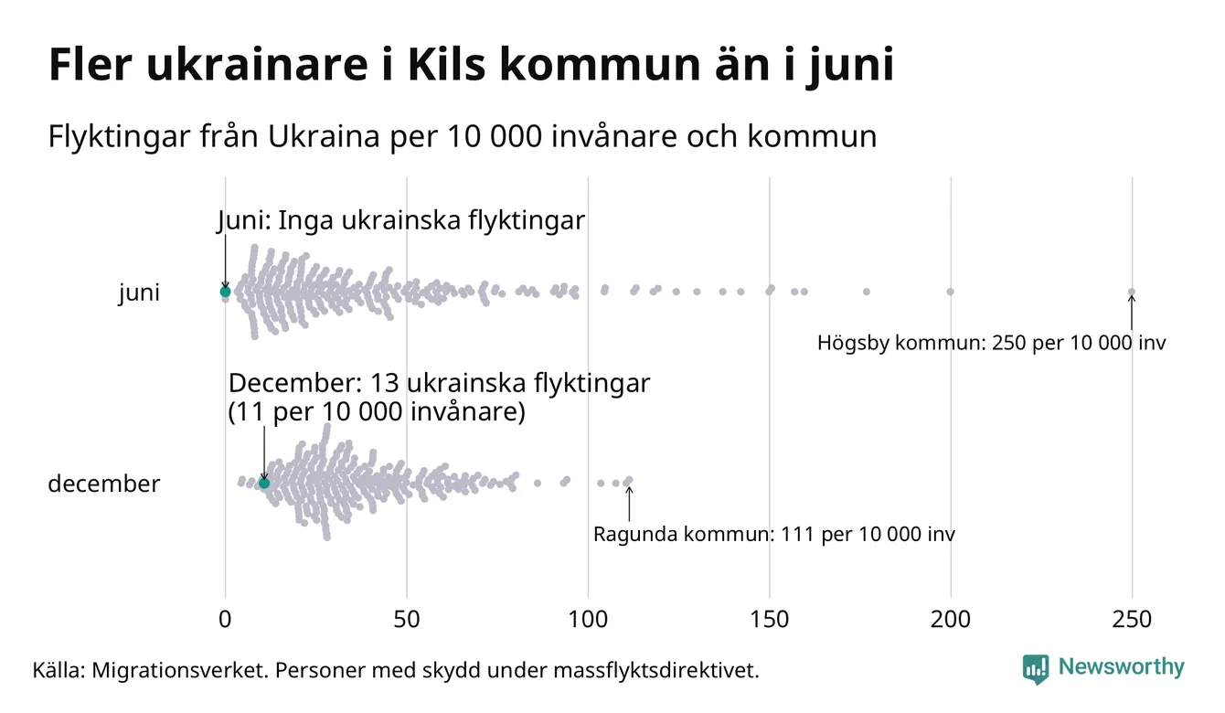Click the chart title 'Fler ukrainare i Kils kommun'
[470, 66]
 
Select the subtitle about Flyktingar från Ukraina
[462, 137]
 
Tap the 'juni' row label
[139, 293]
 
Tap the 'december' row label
[103, 484]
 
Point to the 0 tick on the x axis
[225, 620]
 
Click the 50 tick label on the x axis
[407, 620]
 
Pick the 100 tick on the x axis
[588, 620]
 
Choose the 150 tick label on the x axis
[770, 620]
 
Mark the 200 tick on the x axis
[951, 620]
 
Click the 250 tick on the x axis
[1132, 620]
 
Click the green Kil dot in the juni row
[225, 292]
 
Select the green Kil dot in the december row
[265, 483]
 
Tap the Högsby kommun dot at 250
[1132, 293]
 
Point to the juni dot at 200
[951, 292]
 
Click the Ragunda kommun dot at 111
[628, 481]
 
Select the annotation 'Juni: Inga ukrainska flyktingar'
[400, 221]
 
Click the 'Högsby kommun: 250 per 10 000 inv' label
[992, 345]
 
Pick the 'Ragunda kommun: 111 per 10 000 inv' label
[774, 535]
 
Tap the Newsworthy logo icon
[1036, 668]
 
